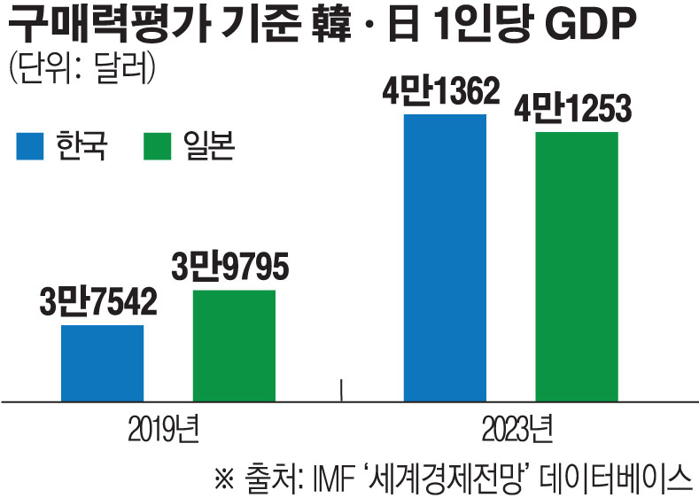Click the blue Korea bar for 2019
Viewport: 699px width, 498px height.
click(x=102, y=362)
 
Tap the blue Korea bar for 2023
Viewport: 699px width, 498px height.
click(x=445, y=257)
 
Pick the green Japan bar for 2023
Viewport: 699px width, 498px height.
click(x=577, y=266)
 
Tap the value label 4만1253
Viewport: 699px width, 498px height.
click(x=577, y=111)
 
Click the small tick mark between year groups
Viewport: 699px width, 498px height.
click(x=342, y=389)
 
